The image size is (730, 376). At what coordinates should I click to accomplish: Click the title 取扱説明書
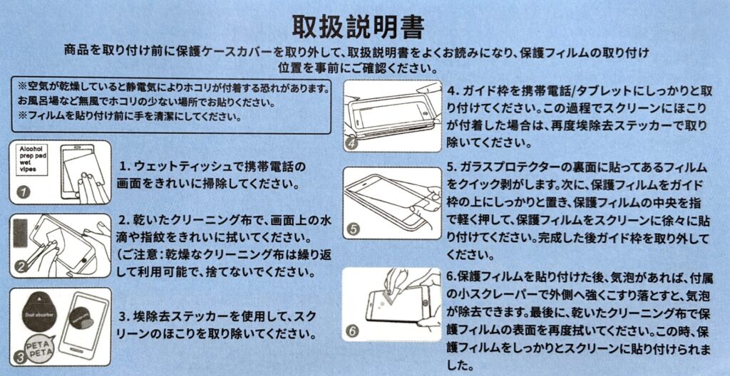tap(358, 28)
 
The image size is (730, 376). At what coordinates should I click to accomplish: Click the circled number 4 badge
tap(351, 144)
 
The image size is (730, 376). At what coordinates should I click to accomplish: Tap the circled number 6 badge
tap(353, 332)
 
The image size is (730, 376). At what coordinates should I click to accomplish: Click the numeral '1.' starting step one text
tap(125, 166)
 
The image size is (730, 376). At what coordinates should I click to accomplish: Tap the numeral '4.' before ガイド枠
tap(452, 90)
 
